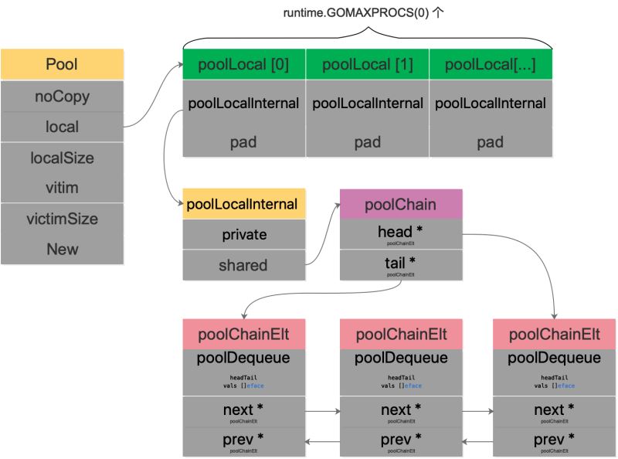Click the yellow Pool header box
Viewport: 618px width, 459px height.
[62, 64]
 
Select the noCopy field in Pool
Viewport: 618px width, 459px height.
[62, 97]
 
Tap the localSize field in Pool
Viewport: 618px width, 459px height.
[62, 158]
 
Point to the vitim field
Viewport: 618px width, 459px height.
[62, 188]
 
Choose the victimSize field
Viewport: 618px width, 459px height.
[62, 219]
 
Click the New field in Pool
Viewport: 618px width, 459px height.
[62, 249]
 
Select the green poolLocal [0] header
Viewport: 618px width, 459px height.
[243, 65]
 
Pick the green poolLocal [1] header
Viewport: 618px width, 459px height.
[367, 65]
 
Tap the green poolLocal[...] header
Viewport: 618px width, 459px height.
[491, 65]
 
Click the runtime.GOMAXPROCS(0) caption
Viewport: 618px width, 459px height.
[367, 12]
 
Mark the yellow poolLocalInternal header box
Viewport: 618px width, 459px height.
[243, 205]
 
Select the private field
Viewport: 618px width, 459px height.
[243, 234]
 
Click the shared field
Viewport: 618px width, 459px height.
[243, 265]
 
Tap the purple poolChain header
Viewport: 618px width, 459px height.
[400, 205]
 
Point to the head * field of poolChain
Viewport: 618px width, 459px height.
[400, 234]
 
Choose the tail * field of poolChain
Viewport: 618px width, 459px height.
[400, 265]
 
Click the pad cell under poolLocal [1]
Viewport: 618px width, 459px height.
[367, 142]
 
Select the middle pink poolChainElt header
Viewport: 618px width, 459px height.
[401, 334]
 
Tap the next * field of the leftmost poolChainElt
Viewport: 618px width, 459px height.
[244, 411]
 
